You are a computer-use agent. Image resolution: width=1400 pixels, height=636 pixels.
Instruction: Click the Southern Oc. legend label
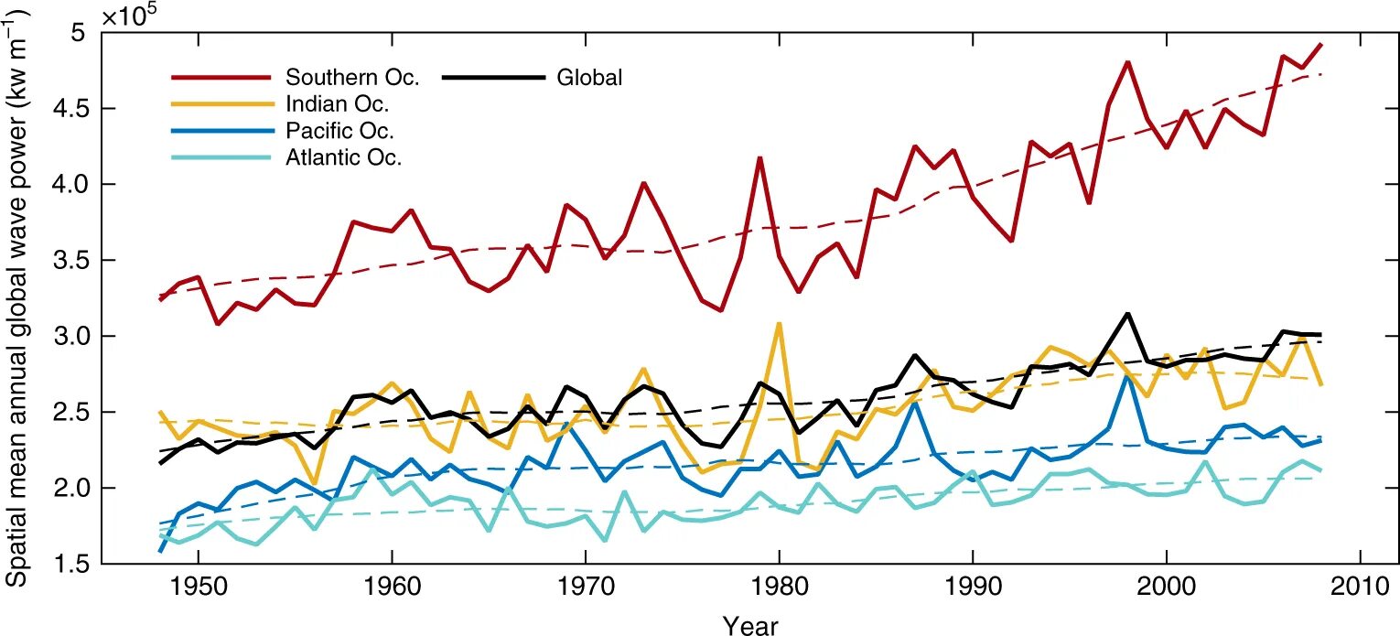[352, 77]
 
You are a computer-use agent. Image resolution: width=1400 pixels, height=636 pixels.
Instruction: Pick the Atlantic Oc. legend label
[343, 157]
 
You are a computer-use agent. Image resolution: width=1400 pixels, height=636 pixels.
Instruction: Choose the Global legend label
[589, 78]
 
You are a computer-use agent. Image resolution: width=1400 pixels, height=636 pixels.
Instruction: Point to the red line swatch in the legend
[221, 78]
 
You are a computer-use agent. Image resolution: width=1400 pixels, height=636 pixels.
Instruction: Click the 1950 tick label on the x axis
[199, 587]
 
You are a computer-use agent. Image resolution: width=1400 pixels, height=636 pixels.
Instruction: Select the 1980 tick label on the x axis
[779, 587]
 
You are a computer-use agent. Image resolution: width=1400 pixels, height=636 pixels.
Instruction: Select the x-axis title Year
[750, 625]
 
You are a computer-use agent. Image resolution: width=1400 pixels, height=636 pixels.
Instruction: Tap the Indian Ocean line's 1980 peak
[779, 323]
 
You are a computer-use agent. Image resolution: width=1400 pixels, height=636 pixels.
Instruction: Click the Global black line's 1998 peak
[1126, 314]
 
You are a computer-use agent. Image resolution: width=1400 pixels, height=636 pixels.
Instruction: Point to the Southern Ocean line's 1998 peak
[1126, 62]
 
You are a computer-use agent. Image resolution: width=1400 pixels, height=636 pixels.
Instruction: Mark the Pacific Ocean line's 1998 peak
[1126, 375]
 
